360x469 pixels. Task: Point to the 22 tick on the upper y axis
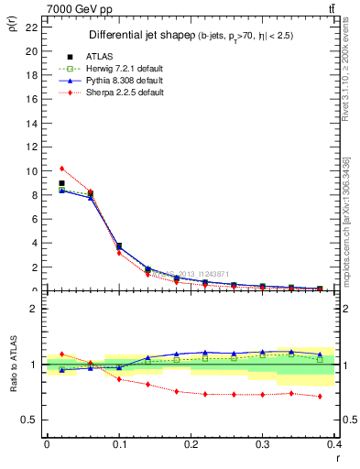34,27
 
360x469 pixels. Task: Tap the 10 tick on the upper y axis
34,171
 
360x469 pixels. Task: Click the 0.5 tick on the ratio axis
32,420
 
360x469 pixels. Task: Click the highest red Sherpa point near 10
61,169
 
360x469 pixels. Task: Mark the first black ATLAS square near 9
61,183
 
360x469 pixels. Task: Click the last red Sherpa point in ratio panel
320,397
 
